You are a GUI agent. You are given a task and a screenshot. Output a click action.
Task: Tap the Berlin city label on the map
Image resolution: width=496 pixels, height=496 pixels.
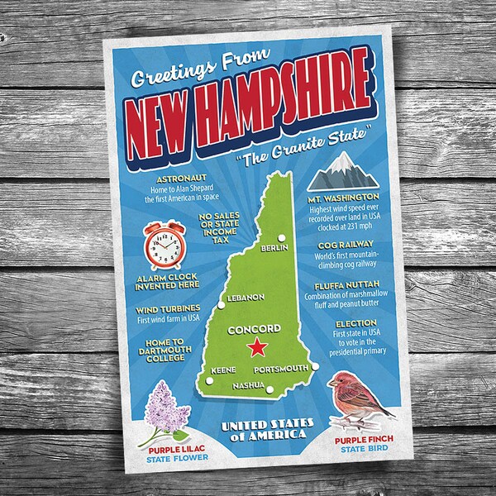pyautogui.click(x=273, y=248)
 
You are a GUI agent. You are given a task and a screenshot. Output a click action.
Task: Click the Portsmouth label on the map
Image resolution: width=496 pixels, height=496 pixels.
pyautogui.click(x=280, y=369)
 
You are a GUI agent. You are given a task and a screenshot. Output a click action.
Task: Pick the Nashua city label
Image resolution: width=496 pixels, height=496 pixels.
pyautogui.click(x=248, y=385)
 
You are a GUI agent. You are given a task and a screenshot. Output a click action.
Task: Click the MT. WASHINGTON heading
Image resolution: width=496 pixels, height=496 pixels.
pyautogui.click(x=340, y=222)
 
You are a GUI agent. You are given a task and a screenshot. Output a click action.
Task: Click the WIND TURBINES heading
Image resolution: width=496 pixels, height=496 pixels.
pyautogui.click(x=157, y=308)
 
